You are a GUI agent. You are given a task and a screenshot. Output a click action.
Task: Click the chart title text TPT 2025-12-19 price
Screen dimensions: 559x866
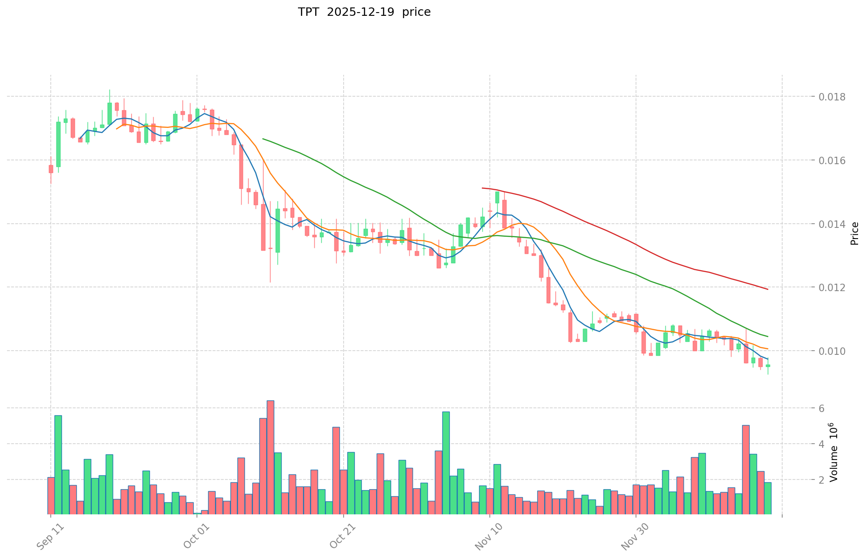364,12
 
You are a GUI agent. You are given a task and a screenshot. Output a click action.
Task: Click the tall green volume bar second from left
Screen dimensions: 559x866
58,465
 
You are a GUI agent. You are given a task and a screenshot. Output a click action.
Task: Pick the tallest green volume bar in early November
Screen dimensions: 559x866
446,463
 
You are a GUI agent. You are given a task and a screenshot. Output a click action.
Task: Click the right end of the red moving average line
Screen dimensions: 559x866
768,289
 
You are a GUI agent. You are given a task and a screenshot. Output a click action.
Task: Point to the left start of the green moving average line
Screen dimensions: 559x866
263,139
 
